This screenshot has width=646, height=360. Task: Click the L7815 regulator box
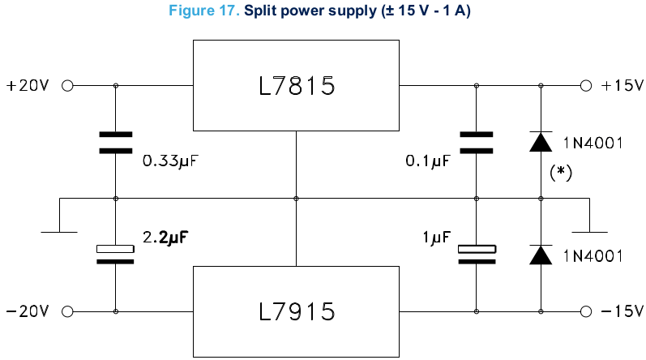tap(296, 85)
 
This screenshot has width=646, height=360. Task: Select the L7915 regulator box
tap(296, 311)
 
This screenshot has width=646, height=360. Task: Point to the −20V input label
tap(28, 311)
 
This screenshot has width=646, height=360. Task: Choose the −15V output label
tap(622, 311)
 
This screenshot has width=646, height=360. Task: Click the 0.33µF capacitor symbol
tap(115, 142)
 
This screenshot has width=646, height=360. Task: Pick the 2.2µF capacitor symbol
tap(115, 254)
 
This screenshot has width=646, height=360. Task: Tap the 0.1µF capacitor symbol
tap(476, 142)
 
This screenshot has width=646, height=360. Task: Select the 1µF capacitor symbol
tap(476, 254)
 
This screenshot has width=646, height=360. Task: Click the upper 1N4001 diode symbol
tap(541, 142)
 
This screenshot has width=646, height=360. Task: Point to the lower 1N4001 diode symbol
tap(541, 255)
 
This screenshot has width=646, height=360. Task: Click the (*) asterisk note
tap(562, 172)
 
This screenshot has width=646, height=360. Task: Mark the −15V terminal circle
tap(586, 311)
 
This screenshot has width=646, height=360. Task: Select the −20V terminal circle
tap(67, 311)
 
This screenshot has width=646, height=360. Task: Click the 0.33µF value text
tap(170, 161)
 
